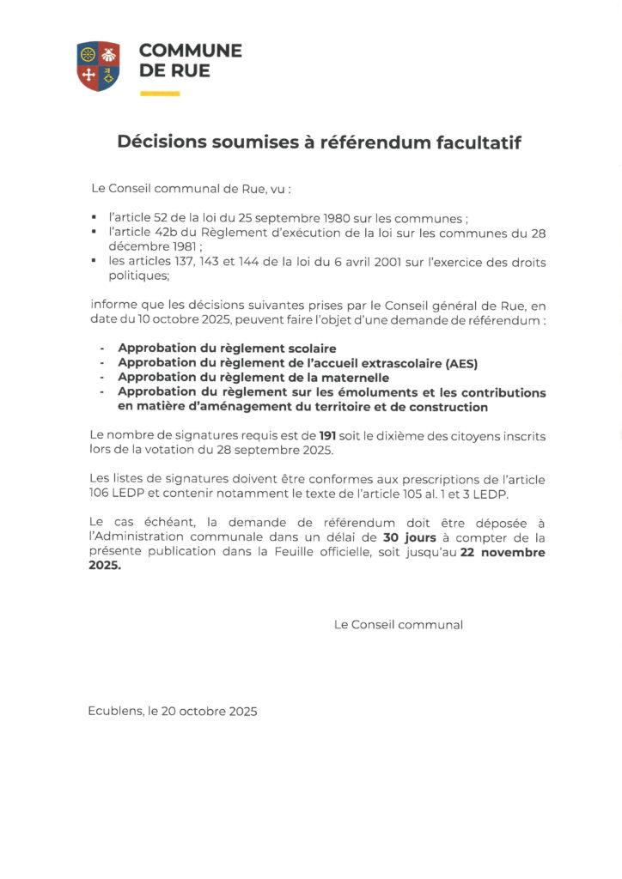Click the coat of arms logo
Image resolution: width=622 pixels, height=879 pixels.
[x=98, y=65]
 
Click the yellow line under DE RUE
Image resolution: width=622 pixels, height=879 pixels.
[x=159, y=94]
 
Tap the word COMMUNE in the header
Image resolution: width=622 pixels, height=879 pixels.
[x=190, y=51]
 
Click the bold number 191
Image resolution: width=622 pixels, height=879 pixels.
[x=327, y=437]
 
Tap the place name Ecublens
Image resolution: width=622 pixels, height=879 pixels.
[x=114, y=712]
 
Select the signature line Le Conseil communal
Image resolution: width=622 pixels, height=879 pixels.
[x=398, y=625]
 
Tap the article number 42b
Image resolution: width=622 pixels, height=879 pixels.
[x=170, y=233]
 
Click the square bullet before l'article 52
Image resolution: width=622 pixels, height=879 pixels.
[x=94, y=219]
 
